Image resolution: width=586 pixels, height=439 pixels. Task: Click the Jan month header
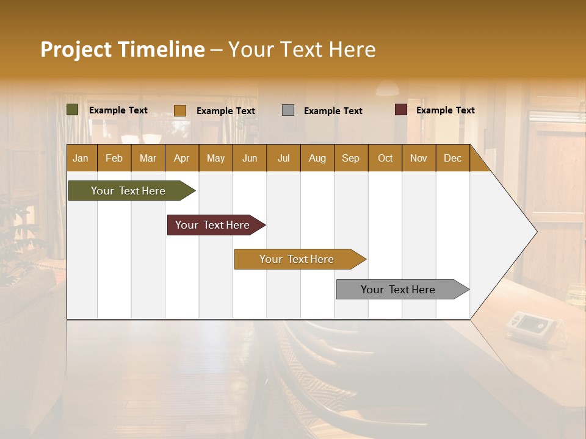[81, 158]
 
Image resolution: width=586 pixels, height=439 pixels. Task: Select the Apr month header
[182, 158]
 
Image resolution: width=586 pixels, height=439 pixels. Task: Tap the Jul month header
[283, 158]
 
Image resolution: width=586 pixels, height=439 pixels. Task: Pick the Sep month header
[351, 158]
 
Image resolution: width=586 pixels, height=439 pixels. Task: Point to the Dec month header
[452, 158]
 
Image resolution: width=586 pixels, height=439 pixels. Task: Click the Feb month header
[114, 158]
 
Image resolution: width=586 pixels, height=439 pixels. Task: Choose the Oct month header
[385, 158]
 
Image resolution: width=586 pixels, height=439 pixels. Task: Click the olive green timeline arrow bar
[129, 191]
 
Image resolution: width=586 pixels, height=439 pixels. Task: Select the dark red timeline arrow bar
[213, 225]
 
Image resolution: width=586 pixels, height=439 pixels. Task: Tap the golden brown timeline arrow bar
[297, 259]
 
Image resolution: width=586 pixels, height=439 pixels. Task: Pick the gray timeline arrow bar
[399, 290]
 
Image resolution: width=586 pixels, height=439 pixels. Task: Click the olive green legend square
[73, 110]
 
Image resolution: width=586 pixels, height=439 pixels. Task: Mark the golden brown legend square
[180, 110]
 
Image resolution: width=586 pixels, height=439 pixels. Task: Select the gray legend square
[288, 110]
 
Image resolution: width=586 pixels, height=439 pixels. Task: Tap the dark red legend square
[401, 110]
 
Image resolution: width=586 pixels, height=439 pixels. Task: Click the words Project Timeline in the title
[123, 49]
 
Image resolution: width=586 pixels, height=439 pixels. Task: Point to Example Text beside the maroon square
[446, 110]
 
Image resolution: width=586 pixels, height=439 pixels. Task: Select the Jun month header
[250, 158]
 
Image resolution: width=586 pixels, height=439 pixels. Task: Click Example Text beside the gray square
[333, 111]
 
